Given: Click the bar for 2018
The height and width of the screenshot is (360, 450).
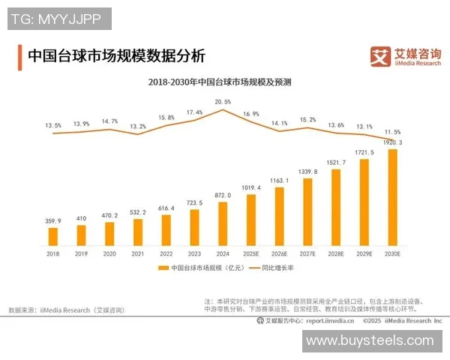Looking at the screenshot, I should point(52,237).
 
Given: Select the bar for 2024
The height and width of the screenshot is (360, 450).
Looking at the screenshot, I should point(223,224).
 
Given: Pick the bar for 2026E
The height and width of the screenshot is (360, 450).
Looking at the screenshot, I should point(279,217).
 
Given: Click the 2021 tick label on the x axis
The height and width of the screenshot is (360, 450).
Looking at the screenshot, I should point(137,253).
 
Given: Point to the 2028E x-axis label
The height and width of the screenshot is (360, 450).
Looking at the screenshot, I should point(336,253).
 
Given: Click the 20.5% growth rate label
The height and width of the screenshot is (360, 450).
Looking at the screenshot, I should point(223,100).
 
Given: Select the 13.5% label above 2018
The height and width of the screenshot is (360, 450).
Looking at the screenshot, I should point(52,126).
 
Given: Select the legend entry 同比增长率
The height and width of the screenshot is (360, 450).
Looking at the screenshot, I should point(279,268).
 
